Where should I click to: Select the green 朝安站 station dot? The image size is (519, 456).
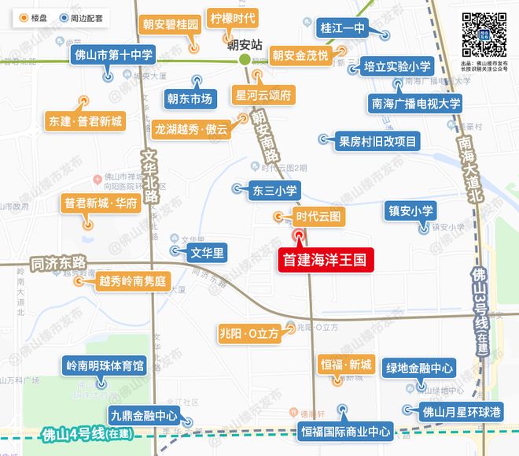point(245,59)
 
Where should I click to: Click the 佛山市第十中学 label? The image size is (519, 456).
point(113,55)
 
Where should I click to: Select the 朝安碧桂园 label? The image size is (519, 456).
point(170,26)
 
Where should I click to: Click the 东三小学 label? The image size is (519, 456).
point(274,189)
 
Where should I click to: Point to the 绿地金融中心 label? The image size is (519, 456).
point(419,368)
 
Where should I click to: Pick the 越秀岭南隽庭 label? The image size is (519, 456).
point(133,280)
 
